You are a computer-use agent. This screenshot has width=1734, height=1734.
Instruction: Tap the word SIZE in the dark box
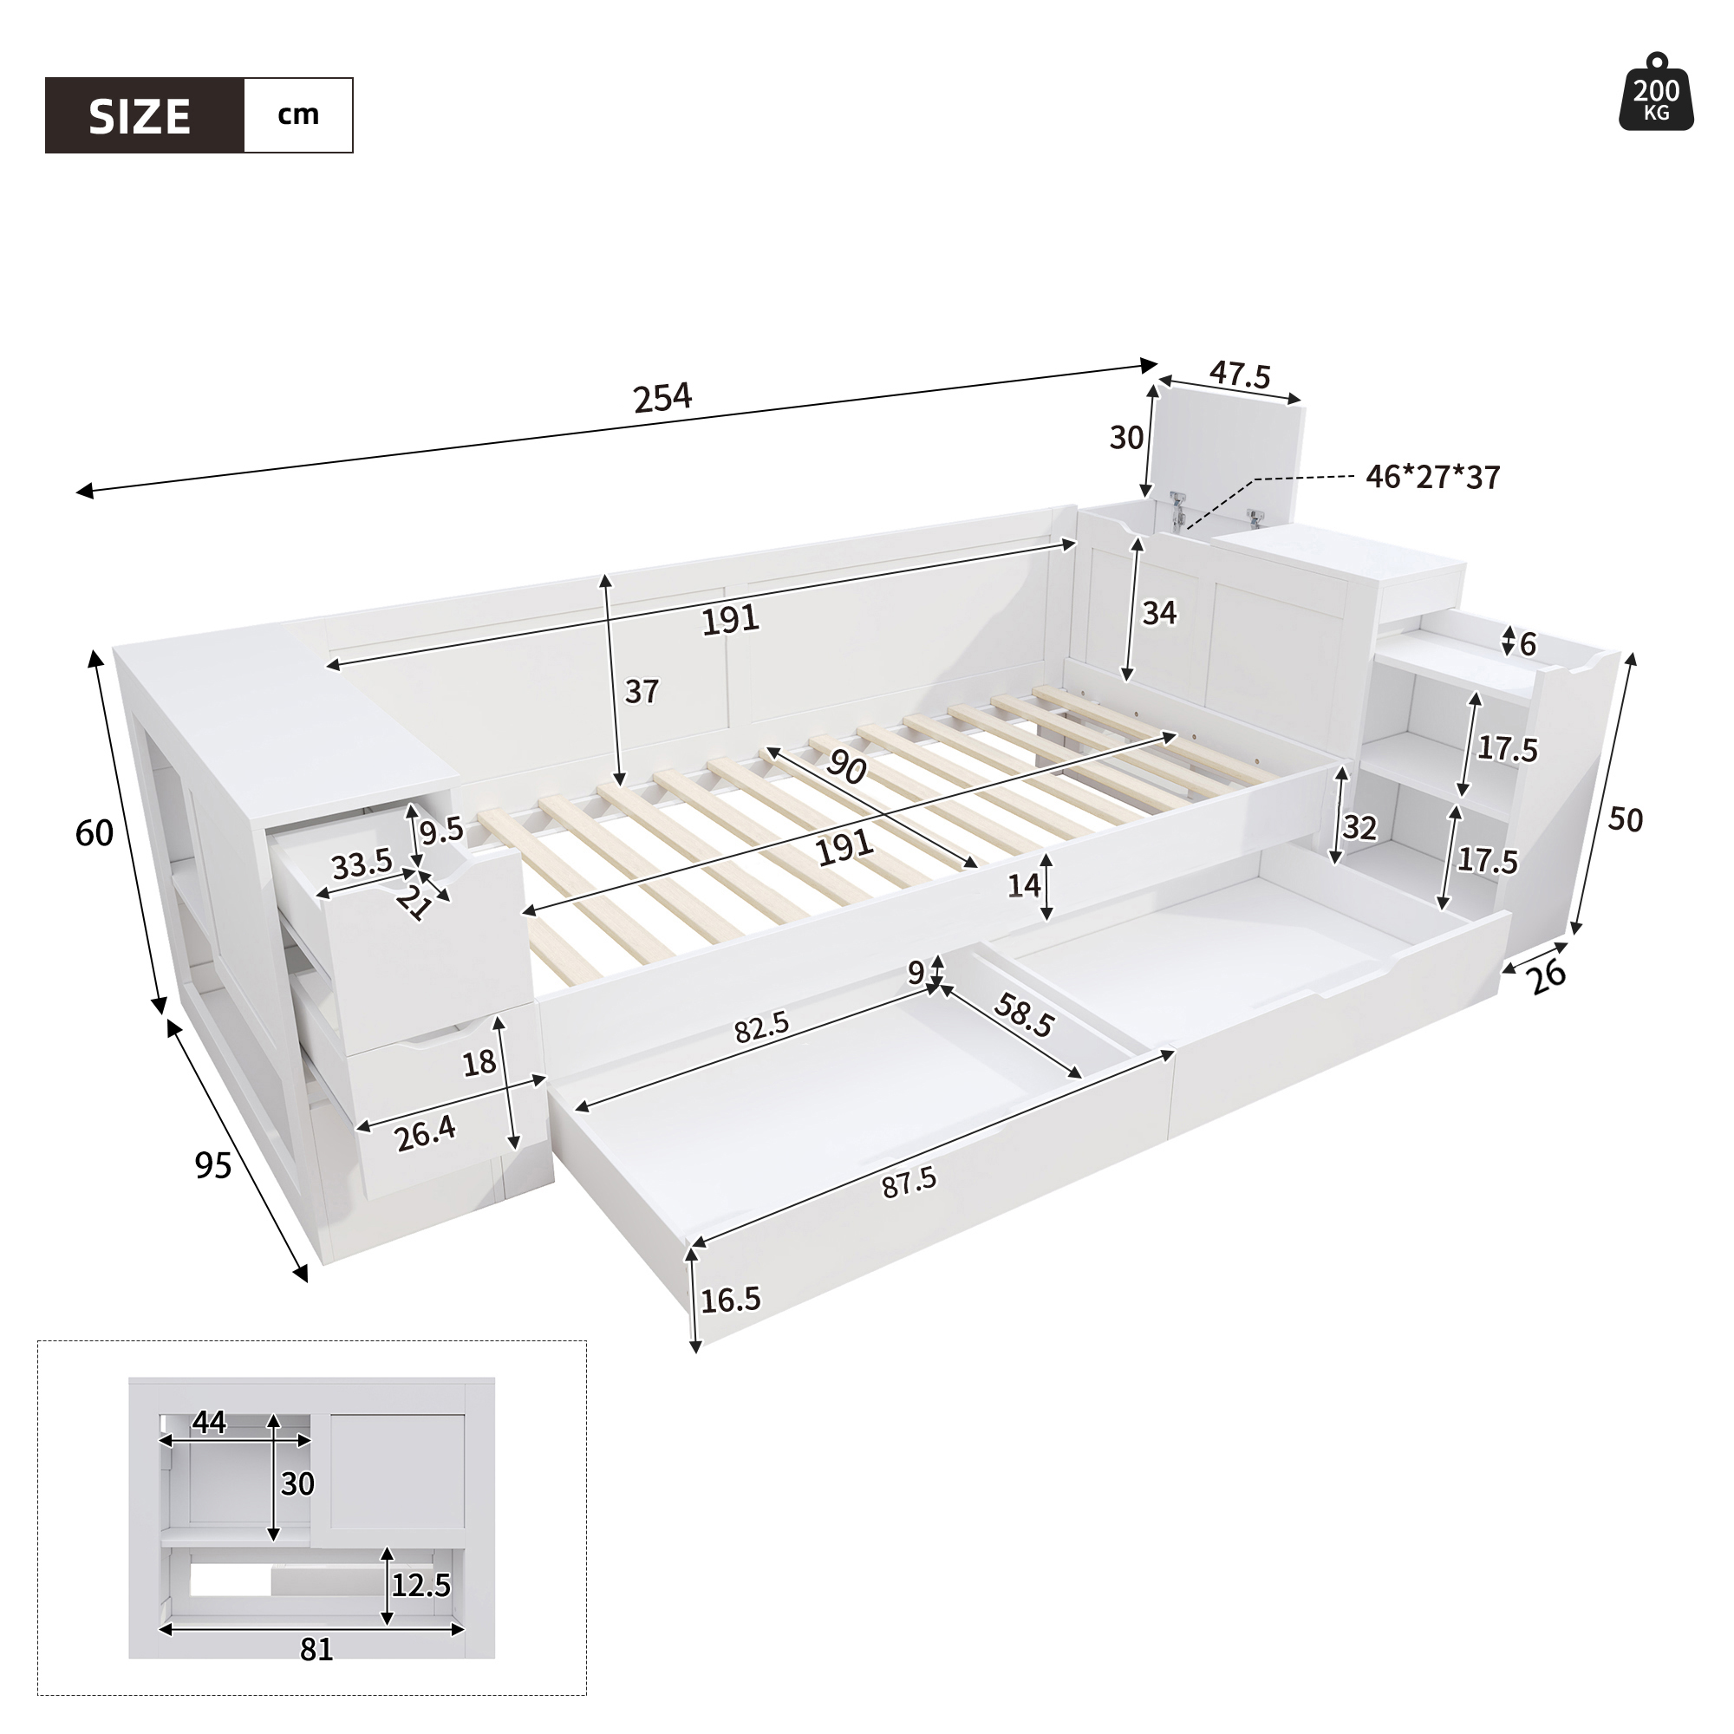pyautogui.click(x=140, y=117)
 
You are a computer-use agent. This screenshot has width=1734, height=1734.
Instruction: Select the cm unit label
pyautogui.click(x=298, y=115)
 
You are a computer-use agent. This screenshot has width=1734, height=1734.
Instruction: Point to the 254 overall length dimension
pyautogui.click(x=662, y=397)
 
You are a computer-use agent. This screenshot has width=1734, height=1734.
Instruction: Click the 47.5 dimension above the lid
pyautogui.click(x=1241, y=375)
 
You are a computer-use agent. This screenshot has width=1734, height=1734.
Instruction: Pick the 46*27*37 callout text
pyautogui.click(x=1432, y=478)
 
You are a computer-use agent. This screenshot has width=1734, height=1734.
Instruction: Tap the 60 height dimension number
pyautogui.click(x=95, y=834)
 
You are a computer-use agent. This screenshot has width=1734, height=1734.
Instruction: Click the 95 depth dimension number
pyautogui.click(x=213, y=1165)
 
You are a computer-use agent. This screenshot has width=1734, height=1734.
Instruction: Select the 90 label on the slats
pyautogui.click(x=845, y=766)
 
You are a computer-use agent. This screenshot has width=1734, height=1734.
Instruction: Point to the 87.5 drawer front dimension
pyautogui.click(x=909, y=1183)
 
